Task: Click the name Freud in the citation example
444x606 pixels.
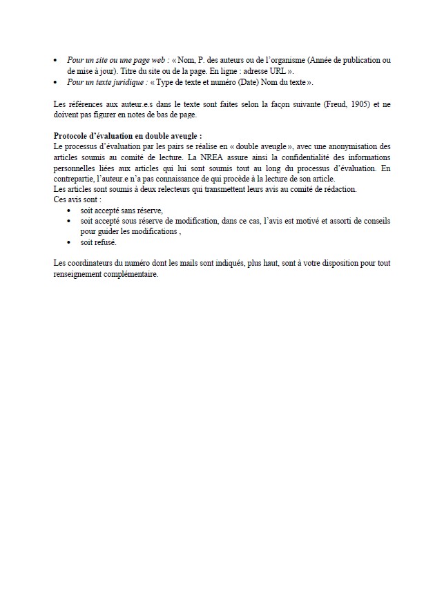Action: click(334, 104)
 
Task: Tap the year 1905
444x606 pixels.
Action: click(355, 104)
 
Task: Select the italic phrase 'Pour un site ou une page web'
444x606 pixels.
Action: click(117, 61)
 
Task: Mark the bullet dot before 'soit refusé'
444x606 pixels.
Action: click(70, 243)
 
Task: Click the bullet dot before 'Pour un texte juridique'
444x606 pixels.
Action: click(56, 83)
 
